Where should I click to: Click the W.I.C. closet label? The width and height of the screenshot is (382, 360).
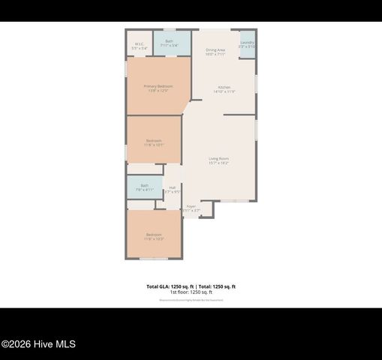(140, 44)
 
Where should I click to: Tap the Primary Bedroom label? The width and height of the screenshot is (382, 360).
(158, 86)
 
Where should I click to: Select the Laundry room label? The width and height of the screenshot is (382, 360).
(247, 43)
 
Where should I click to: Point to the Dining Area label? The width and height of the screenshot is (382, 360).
(215, 49)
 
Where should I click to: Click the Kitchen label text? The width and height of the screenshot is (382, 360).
(224, 87)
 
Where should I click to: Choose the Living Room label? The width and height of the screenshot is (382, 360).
(218, 158)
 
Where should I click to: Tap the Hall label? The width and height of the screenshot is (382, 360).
(173, 187)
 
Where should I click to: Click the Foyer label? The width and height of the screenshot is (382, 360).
(191, 205)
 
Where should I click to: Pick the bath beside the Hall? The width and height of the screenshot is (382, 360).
(144, 185)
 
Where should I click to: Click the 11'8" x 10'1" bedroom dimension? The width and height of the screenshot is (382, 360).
(154, 145)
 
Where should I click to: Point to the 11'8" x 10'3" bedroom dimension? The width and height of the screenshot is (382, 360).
(154, 239)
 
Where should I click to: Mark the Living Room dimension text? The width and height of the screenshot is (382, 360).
(218, 163)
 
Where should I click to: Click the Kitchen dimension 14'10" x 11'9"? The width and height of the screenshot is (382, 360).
(224, 92)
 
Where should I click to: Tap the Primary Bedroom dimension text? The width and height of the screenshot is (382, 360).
(158, 91)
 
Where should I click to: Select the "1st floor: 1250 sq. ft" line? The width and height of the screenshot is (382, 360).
(191, 292)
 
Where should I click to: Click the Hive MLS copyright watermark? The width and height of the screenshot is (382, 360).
(38, 344)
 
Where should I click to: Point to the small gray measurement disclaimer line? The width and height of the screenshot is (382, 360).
(191, 300)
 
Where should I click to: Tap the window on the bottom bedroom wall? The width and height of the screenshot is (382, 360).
(154, 259)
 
